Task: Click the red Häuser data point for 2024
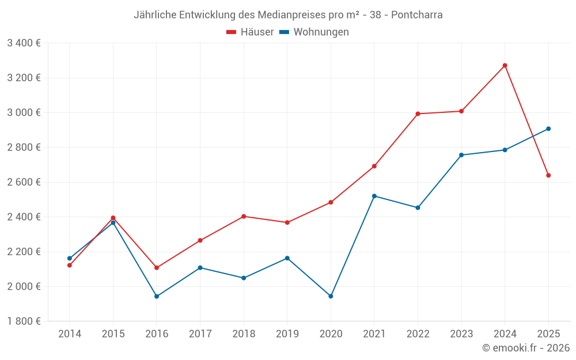(505, 66)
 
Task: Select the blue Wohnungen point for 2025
(548, 129)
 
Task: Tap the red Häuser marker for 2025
(548, 175)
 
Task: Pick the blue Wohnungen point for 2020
(331, 296)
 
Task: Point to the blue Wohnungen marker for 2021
(374, 196)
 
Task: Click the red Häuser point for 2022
(418, 113)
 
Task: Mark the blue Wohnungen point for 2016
(157, 296)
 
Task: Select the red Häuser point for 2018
(244, 217)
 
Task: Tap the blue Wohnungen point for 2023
(461, 155)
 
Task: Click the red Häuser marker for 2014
(70, 265)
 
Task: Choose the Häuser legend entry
(250, 32)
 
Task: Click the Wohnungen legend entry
(314, 32)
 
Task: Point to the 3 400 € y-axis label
(24, 43)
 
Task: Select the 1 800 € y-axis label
(24, 321)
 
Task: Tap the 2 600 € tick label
(24, 182)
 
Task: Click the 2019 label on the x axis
(287, 334)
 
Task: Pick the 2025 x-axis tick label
(548, 334)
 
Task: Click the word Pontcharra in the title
(416, 15)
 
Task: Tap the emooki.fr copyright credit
(525, 348)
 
